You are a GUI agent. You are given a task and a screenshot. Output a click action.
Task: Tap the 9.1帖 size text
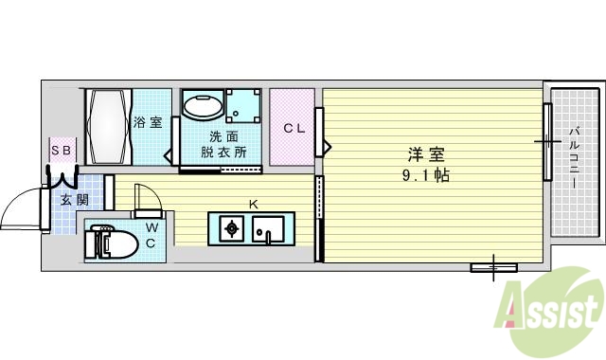click(x=427, y=176)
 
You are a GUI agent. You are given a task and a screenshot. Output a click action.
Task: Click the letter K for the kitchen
click(x=253, y=204)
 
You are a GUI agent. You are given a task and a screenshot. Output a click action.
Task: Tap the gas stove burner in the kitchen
click(x=230, y=228)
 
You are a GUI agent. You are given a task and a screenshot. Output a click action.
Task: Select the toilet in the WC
click(x=106, y=243)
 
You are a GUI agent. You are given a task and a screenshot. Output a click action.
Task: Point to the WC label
click(x=150, y=236)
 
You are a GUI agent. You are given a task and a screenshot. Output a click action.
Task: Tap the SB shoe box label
click(x=62, y=150)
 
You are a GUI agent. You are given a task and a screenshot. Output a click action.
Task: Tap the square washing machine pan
click(x=244, y=107)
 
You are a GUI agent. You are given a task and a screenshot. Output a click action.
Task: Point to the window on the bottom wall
click(x=493, y=268)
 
